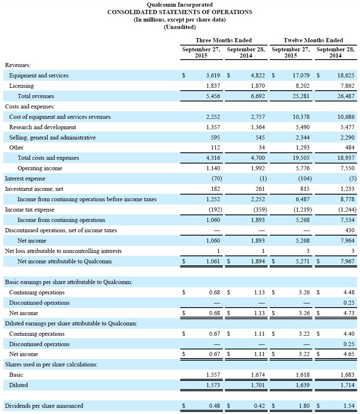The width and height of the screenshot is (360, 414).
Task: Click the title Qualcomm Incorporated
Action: [180, 5]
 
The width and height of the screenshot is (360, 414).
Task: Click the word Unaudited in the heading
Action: [180, 27]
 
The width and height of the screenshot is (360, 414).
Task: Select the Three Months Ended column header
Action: [223, 40]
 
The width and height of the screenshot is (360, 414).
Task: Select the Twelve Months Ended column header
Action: [313, 40]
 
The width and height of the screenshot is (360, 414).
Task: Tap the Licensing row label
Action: [22, 86]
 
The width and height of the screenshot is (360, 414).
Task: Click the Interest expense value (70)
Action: [215, 178]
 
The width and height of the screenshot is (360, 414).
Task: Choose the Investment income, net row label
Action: [34, 189]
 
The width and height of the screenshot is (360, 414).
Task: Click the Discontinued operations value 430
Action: [349, 230]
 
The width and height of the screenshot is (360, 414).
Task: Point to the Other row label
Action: [16, 147]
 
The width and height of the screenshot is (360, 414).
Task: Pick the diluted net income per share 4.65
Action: [349, 354]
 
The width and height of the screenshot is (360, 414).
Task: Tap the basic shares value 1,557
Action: [213, 375]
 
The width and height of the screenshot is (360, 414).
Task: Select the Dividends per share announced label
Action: [44, 406]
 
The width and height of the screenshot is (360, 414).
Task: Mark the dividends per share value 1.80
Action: [304, 406]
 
